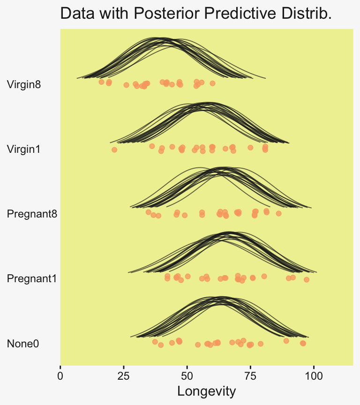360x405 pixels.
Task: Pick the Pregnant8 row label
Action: [32, 214]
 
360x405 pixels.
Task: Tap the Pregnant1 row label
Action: [32, 279]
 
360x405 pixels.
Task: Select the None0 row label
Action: [23, 344]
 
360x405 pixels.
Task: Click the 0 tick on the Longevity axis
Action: [60, 375]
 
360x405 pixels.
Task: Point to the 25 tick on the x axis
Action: [124, 375]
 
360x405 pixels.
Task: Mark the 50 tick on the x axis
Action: [187, 375]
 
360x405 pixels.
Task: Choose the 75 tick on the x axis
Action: [250, 375]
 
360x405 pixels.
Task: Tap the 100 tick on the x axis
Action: [314, 375]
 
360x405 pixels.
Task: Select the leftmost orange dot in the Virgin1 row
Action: [114, 150]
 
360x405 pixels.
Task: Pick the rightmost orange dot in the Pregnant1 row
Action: [307, 279]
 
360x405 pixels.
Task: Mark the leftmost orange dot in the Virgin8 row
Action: [101, 82]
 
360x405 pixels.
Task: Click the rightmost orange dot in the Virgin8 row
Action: [212, 83]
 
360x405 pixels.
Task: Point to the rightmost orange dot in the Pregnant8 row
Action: [278, 213]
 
